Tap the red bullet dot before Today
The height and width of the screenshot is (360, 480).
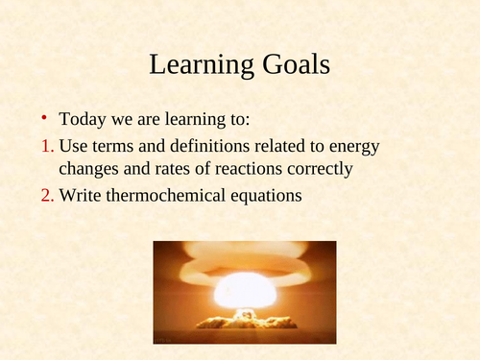coord(43,119)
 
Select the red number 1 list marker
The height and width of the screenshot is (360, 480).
coord(45,147)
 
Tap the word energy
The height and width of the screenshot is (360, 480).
coord(354,148)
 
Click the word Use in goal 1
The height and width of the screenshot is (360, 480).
coord(73,146)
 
